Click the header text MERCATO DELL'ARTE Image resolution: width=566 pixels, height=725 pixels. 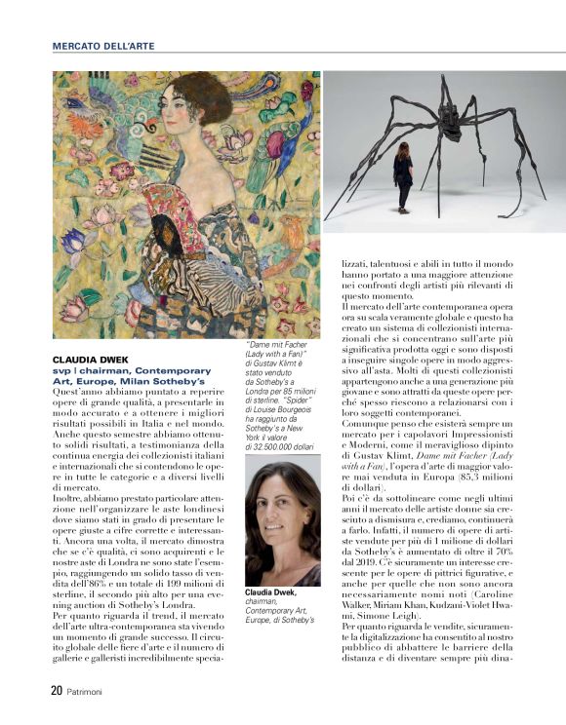[102, 46]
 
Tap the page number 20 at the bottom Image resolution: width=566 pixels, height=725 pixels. [57, 691]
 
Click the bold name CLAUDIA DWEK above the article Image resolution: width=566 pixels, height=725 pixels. [89, 360]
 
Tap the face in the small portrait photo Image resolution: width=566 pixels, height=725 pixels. [282, 517]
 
